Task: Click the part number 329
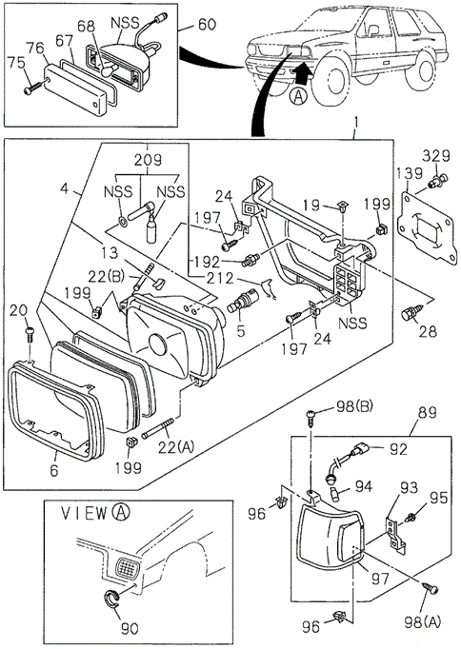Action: click(436, 156)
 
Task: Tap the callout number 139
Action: click(410, 173)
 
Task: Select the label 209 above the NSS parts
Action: click(148, 160)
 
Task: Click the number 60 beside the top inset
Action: click(207, 25)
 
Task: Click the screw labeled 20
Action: click(30, 333)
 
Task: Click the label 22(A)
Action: click(176, 447)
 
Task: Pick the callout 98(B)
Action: click(353, 406)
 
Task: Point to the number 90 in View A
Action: click(130, 628)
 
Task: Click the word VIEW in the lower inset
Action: click(84, 514)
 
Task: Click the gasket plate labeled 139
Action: click(426, 224)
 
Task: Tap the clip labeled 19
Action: click(342, 206)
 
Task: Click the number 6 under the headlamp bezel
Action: click(54, 470)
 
